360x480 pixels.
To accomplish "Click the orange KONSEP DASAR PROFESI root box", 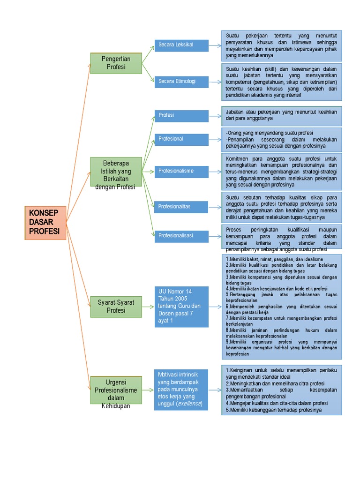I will (45, 223).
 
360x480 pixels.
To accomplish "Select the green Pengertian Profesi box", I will (116, 63).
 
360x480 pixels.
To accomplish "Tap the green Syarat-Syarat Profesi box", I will (116, 306).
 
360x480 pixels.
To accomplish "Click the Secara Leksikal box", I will (181, 45).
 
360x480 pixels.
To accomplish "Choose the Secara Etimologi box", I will (181, 82).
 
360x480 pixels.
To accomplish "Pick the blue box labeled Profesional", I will (181, 139).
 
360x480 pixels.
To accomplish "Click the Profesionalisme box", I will (181, 171).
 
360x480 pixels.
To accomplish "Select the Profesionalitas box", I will (181, 207).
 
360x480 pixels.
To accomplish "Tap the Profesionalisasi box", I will (181, 236).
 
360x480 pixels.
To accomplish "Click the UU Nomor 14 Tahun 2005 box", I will (181, 306).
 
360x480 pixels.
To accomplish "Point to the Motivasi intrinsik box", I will (181, 389).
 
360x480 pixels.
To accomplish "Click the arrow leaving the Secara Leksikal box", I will (215, 45).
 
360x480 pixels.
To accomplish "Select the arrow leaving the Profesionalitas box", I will (215, 207).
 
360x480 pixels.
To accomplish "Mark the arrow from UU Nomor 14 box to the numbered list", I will (215, 307).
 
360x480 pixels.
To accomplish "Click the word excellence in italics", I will (189, 404).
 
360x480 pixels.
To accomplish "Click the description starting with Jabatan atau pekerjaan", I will (282, 115).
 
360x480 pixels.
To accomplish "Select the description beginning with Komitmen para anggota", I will (282, 172).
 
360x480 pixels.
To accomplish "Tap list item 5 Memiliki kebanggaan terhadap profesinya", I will (274, 410).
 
